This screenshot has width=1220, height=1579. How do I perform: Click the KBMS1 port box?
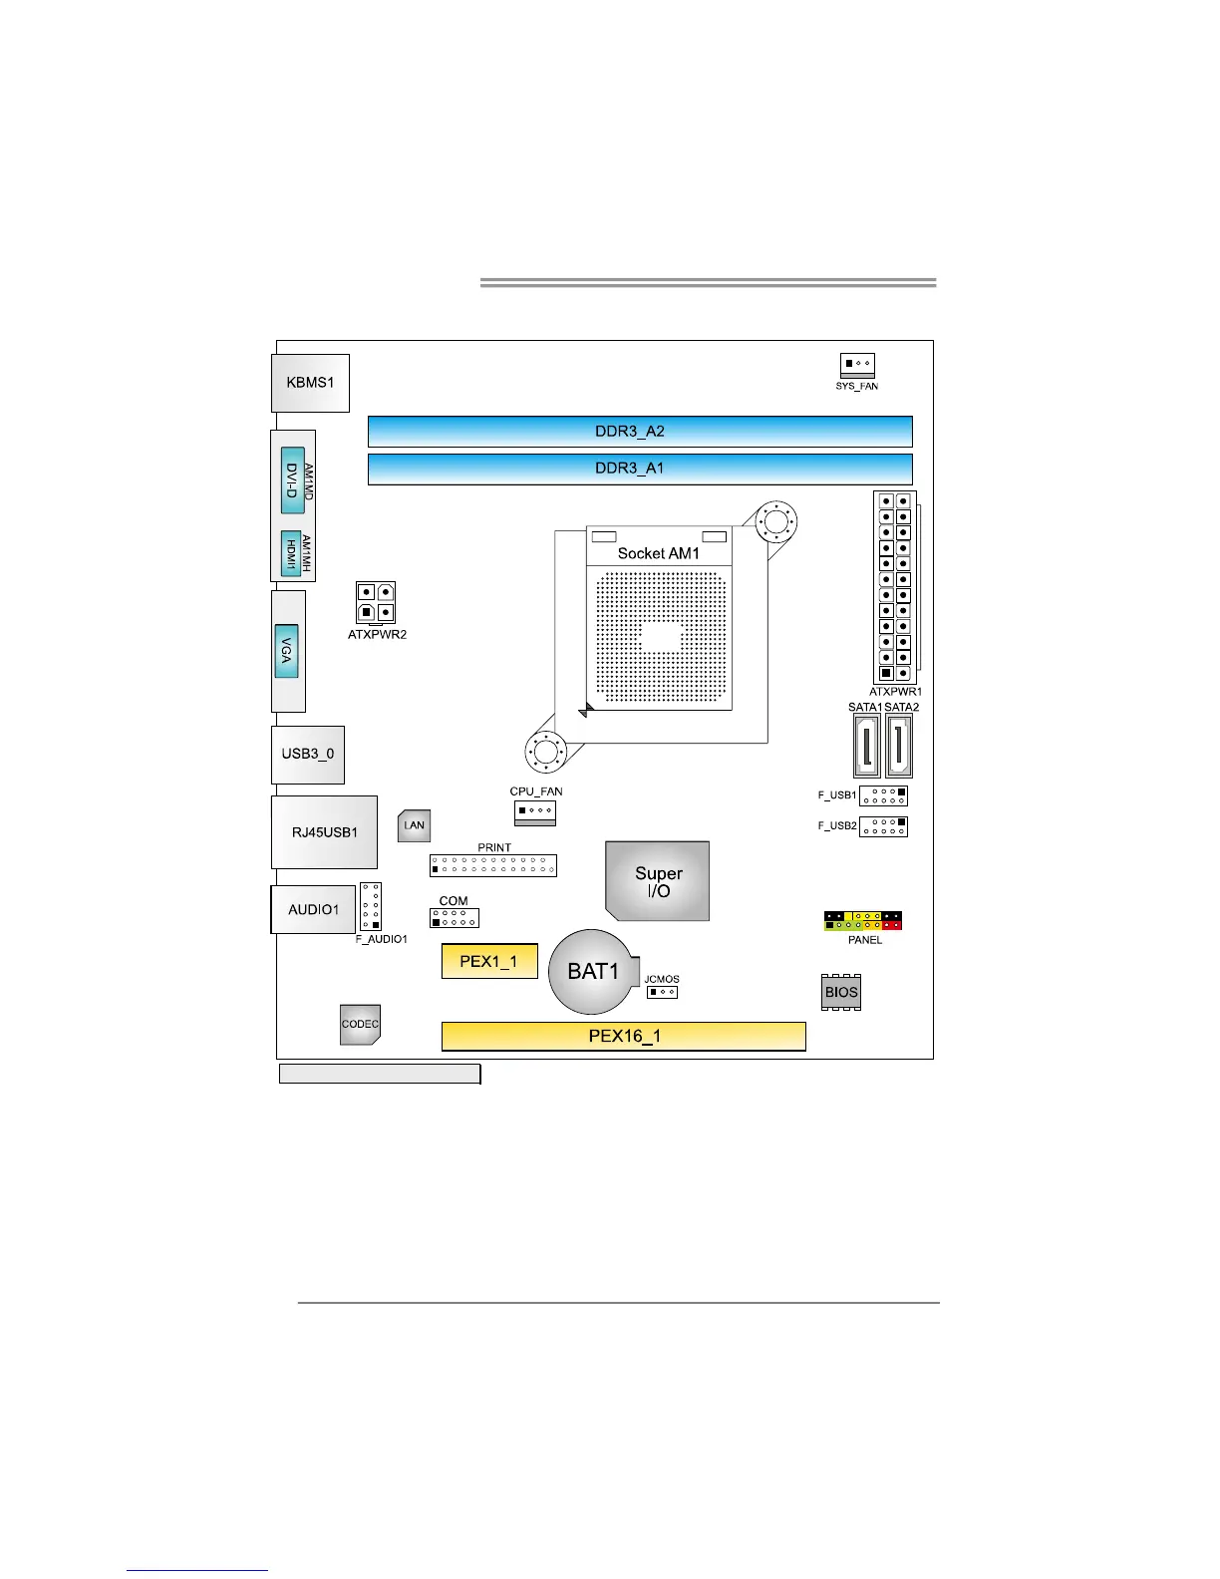coord(310,383)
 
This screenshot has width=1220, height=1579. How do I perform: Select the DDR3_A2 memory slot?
coord(640,432)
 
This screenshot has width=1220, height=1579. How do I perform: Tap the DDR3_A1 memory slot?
coord(640,469)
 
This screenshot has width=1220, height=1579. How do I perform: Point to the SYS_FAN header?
coord(857,364)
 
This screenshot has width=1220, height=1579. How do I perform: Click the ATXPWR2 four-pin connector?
coord(376,603)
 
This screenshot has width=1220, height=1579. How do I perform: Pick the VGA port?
coord(287,651)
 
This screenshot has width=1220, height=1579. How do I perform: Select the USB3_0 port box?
coord(308,755)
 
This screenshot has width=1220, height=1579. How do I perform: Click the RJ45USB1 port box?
coord(324,832)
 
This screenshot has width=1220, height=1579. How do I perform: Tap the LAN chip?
coord(414,825)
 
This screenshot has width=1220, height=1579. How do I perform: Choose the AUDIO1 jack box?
coord(313,909)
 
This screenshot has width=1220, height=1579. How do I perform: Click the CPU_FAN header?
coord(535,811)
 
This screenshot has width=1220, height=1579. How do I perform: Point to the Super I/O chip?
coord(658,881)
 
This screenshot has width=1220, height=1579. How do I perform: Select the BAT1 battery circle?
coord(592,972)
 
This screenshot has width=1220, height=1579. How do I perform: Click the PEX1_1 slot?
coord(489,961)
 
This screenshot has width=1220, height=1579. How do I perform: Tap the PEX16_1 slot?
coord(624,1036)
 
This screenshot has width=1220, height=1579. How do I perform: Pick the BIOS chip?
coord(841,992)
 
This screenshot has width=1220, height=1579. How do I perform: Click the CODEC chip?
coord(360,1024)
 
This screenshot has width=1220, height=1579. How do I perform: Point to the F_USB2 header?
coord(883,826)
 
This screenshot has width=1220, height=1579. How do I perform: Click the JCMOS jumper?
coord(662,992)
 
